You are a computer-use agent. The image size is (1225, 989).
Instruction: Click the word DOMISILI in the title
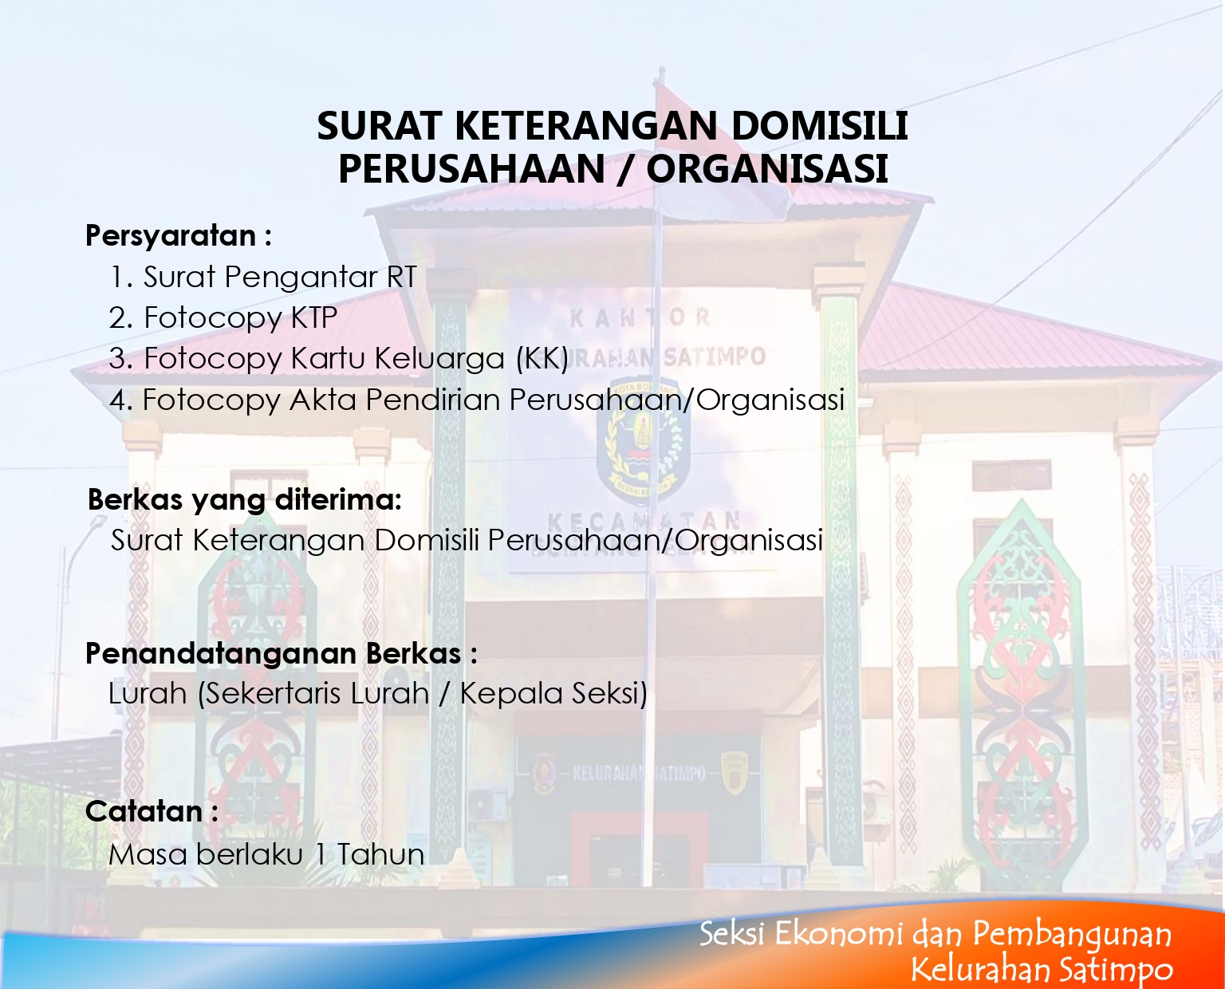coord(820,125)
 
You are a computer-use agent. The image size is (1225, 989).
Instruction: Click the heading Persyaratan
coord(179,236)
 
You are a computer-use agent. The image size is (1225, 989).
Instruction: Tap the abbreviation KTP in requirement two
coord(314,317)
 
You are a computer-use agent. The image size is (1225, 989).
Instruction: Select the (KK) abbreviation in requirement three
coord(542,359)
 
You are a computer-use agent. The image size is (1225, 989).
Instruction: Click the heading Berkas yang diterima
coord(244,500)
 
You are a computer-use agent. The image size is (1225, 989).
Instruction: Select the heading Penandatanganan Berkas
coord(282,653)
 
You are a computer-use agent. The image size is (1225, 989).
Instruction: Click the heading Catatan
coord(152,811)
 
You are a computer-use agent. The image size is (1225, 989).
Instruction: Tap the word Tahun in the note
coord(380,854)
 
